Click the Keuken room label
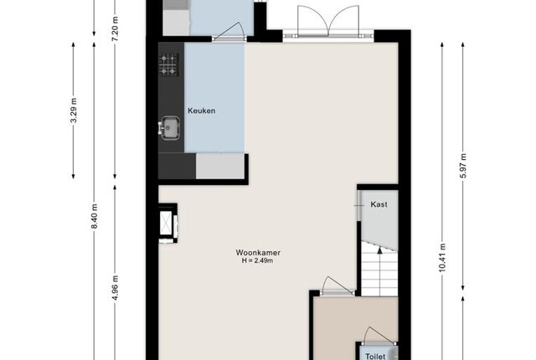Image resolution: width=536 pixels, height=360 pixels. pos(201,111)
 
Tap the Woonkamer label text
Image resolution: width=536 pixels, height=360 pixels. pos(258,253)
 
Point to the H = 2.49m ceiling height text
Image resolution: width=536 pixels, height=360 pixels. pos(257,261)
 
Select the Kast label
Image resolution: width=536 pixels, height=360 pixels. pos(379,204)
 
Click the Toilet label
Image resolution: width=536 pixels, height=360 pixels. pos(375,357)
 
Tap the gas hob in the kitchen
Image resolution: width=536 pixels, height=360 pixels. pos(168,64)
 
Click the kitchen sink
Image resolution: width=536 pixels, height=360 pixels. pos(170,128)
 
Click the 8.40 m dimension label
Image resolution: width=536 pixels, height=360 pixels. pos(95,217)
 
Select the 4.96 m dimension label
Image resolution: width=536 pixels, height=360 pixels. pos(116,288)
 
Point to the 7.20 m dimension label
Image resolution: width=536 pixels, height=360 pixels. pos(116,28)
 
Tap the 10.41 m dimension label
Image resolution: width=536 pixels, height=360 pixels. pos(442,258)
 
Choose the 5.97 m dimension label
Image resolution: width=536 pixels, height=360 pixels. pos(463,166)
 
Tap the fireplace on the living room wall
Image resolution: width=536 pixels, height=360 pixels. pos(167,224)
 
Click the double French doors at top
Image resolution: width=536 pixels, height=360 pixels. pos(328,21)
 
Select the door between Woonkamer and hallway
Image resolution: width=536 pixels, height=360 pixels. pos(338,285)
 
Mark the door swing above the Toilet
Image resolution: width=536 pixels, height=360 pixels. pos(378,335)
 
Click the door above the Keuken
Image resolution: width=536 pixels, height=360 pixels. pos(229,33)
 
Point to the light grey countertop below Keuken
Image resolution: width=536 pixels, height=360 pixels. pos(220,166)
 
